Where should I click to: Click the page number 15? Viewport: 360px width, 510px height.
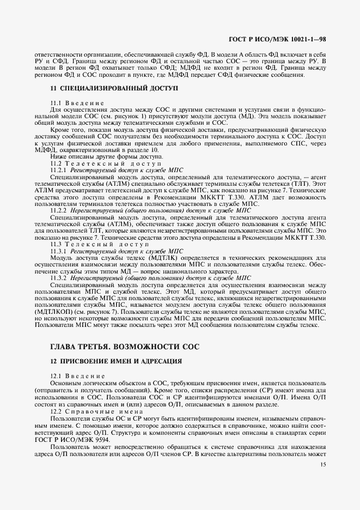323,464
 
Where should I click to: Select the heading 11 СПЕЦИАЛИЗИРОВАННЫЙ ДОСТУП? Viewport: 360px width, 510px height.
114,87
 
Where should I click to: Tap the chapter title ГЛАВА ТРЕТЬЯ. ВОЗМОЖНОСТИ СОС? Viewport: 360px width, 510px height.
125,346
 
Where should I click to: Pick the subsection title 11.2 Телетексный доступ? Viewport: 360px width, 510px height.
106,163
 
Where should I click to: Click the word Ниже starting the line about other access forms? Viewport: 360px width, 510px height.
58,157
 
